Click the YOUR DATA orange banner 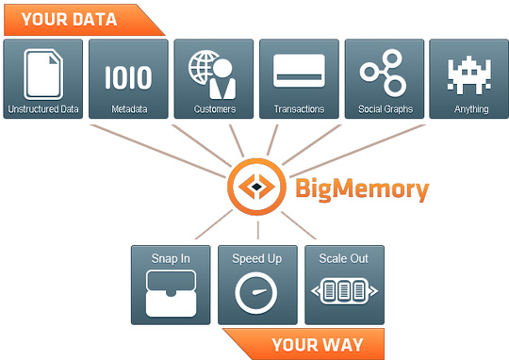(71, 18)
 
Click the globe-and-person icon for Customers (213, 73)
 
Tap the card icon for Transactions (299, 71)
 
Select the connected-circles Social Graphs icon (384, 72)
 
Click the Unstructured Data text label (44, 109)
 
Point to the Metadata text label (128, 109)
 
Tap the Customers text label (213, 109)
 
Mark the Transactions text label (299, 109)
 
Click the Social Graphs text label (384, 109)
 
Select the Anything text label (469, 109)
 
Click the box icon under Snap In (172, 292)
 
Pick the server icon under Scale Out (343, 292)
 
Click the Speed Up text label (257, 257)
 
